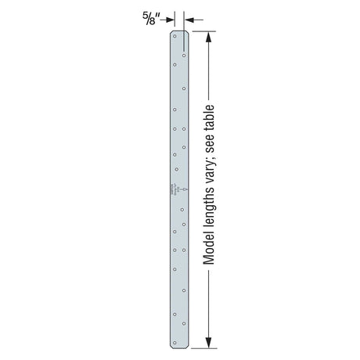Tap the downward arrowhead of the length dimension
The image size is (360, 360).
209,340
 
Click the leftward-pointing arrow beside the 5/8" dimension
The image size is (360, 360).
192,19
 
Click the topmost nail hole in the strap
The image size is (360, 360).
175,37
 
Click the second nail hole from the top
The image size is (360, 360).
185,55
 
